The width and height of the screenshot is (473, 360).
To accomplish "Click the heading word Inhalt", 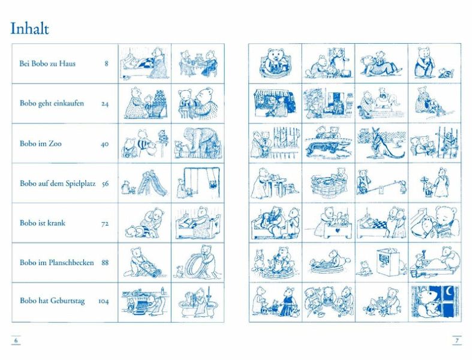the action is point(29,29).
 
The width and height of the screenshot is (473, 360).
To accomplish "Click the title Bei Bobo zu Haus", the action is point(47,64).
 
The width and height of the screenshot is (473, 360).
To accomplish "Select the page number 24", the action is point(105,104).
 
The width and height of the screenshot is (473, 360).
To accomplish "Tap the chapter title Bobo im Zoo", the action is point(40,143).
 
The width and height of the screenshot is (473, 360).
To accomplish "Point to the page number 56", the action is point(105,184).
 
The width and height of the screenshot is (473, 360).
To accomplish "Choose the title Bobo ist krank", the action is point(43,223).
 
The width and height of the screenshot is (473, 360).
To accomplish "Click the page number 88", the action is point(105,263).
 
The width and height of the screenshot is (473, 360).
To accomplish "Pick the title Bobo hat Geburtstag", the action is point(52,301).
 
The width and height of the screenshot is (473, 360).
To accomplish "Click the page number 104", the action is point(103,301).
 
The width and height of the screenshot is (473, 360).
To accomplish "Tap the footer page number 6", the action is point(16,341).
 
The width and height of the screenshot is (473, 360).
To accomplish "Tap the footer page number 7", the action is point(457,341).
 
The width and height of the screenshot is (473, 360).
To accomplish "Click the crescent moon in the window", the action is point(450,292).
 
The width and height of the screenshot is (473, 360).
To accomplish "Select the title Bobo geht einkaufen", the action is point(52,103).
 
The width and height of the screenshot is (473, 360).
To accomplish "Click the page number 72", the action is point(105,224).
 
